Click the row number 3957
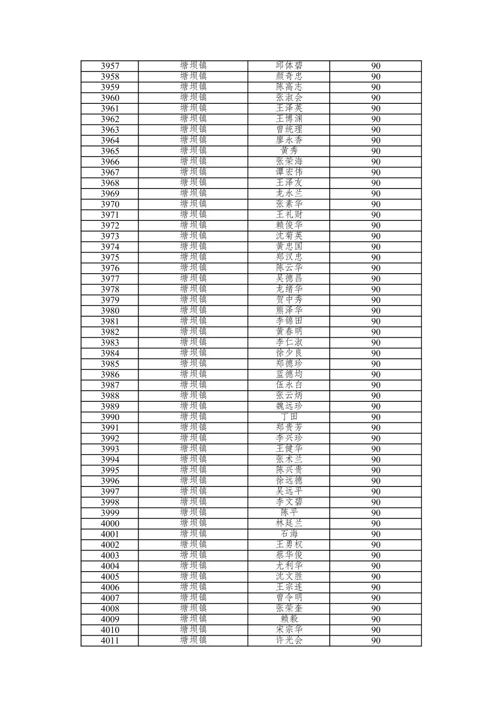[x=110, y=66]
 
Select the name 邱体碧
[x=289, y=65]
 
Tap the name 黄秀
[x=289, y=151]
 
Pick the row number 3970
[x=110, y=204]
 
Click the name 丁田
[x=289, y=417]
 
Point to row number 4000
[x=110, y=524]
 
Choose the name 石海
[x=289, y=534]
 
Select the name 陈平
[x=289, y=513]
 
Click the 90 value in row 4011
[x=376, y=641]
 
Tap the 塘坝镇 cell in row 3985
[x=193, y=363]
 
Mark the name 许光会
[x=289, y=640]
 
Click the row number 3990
[x=110, y=417]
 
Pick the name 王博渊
[x=289, y=119]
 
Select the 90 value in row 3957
[x=376, y=66]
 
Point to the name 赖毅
[x=289, y=619]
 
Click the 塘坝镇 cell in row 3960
[x=193, y=97]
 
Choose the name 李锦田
[x=289, y=321]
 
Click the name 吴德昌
[x=289, y=278]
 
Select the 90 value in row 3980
[x=376, y=311]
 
